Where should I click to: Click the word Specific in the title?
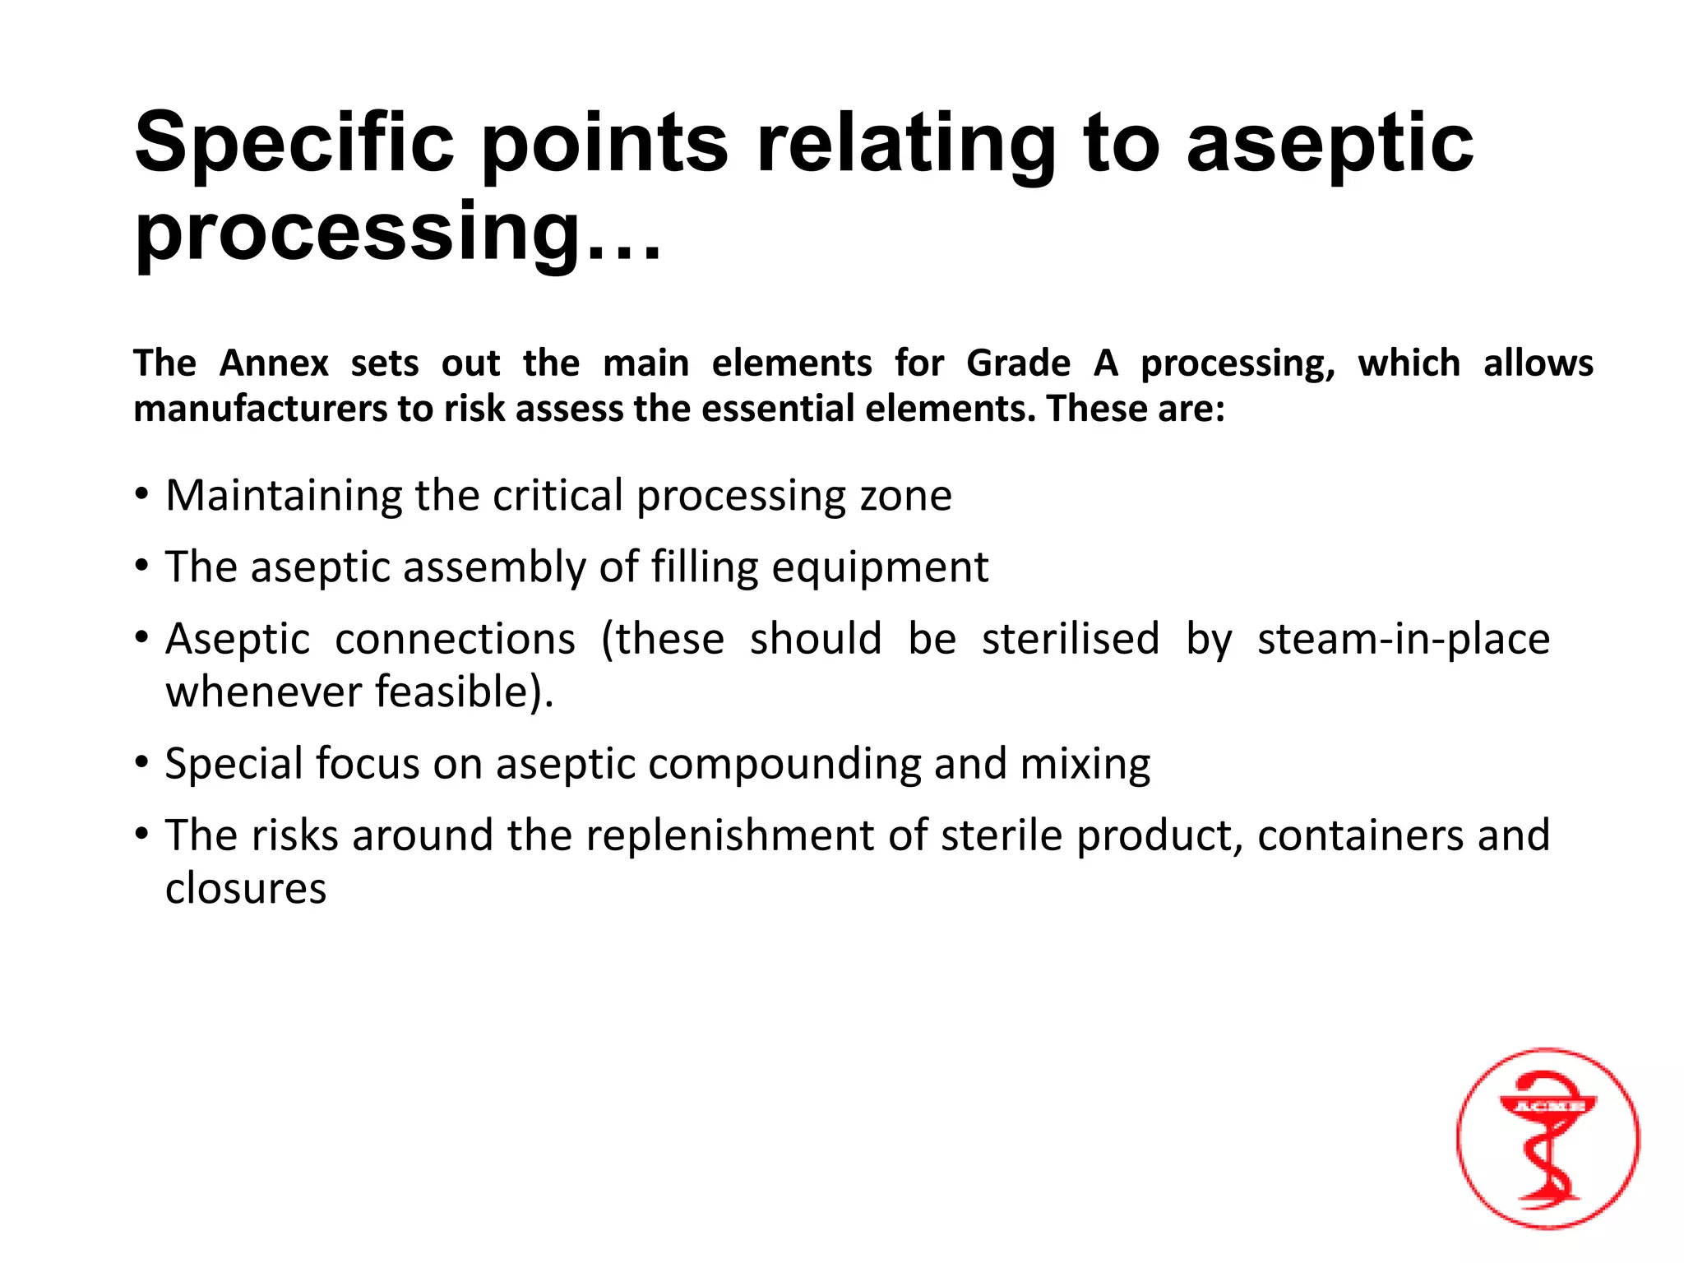[x=294, y=145]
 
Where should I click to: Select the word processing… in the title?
[x=397, y=234]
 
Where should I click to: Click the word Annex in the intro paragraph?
[x=274, y=363]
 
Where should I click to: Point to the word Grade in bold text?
[x=1018, y=363]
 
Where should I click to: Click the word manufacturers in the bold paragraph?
[x=260, y=409]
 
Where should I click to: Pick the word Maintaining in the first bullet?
[x=283, y=496]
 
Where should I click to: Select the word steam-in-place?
[x=1403, y=639]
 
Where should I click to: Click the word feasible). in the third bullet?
[x=465, y=692]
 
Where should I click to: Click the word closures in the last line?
[x=246, y=888]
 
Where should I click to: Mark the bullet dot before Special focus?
[x=143, y=762]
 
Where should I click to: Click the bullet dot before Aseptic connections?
[x=143, y=637]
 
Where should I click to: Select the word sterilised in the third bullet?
[x=1071, y=639]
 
